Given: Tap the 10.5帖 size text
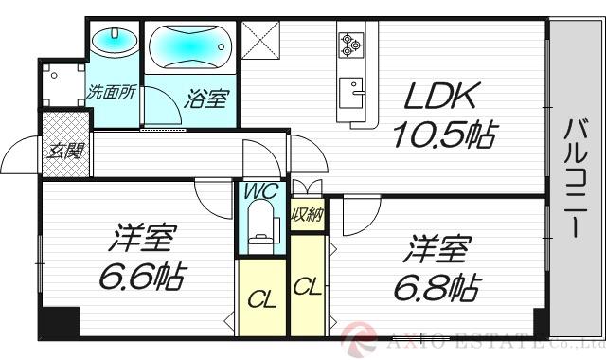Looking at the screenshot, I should [x=443, y=136].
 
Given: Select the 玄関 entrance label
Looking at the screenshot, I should [x=64, y=150].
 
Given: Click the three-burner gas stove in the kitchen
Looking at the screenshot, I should [x=350, y=43].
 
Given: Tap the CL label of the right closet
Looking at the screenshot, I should [x=306, y=284].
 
